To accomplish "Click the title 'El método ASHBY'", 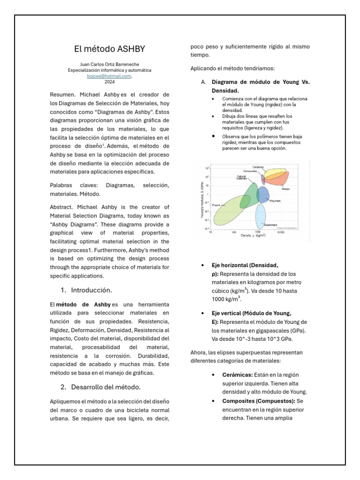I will (109, 48).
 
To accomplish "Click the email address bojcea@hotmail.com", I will (109, 75).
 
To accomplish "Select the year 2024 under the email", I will (109, 81).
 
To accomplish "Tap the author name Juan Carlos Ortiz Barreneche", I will (109, 64).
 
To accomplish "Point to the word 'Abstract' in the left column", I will (62, 207).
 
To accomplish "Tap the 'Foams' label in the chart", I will (216, 205).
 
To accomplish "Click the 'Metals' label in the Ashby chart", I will (285, 189).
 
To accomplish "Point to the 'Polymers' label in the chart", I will (275, 201).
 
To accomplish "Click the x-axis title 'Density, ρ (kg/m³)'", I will (254, 235).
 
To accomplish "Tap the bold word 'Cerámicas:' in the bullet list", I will (238, 375).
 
